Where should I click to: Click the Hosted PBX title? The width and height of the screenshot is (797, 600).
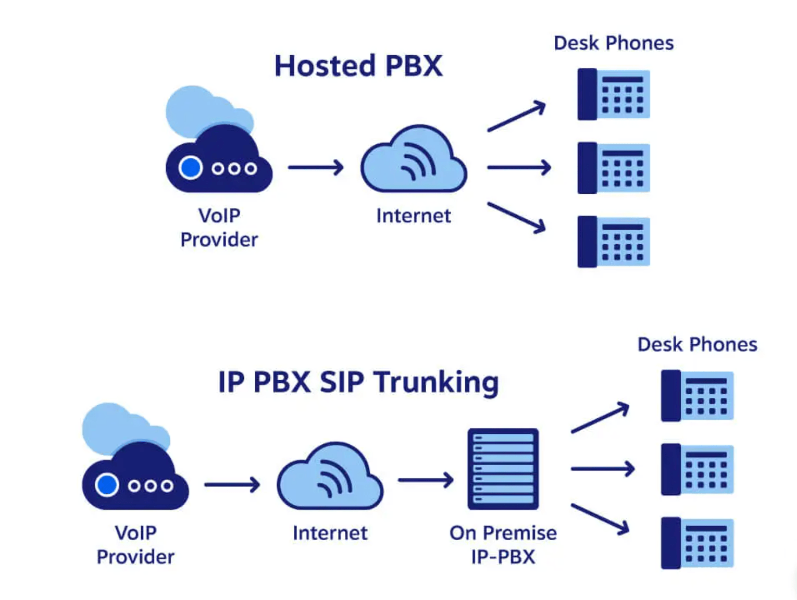point(358,66)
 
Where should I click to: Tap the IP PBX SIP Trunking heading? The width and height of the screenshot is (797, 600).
point(358,383)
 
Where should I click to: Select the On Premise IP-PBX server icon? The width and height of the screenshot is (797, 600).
point(503,469)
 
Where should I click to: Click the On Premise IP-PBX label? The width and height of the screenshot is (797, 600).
point(503,545)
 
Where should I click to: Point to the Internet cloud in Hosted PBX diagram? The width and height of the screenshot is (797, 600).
point(414,161)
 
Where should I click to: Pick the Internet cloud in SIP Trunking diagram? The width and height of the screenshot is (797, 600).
point(330,478)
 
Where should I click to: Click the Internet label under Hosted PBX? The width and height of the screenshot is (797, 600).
point(414,216)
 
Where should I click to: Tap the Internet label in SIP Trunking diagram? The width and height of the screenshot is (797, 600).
point(330,533)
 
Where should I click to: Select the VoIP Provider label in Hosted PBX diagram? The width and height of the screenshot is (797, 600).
point(219,228)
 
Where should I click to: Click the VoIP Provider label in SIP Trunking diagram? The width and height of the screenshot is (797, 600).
point(135,545)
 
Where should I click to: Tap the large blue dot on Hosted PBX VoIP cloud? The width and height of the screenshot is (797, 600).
point(191,168)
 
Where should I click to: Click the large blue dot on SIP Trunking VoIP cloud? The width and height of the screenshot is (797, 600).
point(107,485)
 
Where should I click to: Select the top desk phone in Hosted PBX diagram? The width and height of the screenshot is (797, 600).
point(614,94)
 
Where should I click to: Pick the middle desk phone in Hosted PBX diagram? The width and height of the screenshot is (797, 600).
point(614,168)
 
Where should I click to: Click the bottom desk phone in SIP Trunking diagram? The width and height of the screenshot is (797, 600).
point(697,543)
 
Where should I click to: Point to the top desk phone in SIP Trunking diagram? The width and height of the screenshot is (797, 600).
point(697,396)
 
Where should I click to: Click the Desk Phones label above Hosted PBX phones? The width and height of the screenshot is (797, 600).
point(614,43)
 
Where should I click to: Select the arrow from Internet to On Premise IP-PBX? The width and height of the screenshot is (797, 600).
point(426,480)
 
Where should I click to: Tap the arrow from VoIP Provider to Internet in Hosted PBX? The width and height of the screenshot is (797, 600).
point(316,168)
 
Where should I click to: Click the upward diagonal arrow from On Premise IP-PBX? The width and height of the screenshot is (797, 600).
point(600,418)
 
